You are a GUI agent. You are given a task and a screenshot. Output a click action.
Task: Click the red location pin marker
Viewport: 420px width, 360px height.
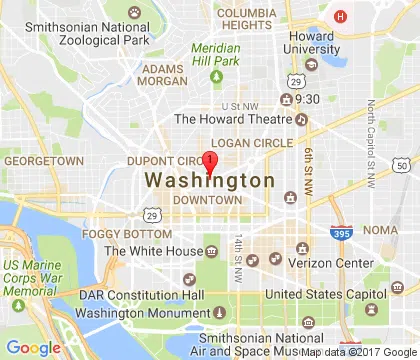(x=209, y=163)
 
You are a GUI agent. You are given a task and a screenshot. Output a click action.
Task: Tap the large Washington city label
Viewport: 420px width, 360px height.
(x=209, y=181)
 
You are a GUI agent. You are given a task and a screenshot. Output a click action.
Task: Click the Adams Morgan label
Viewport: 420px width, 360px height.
(x=163, y=76)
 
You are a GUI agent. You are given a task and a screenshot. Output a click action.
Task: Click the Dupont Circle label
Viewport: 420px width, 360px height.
(x=163, y=160)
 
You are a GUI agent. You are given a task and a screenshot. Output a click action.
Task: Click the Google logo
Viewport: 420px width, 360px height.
(x=35, y=346)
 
